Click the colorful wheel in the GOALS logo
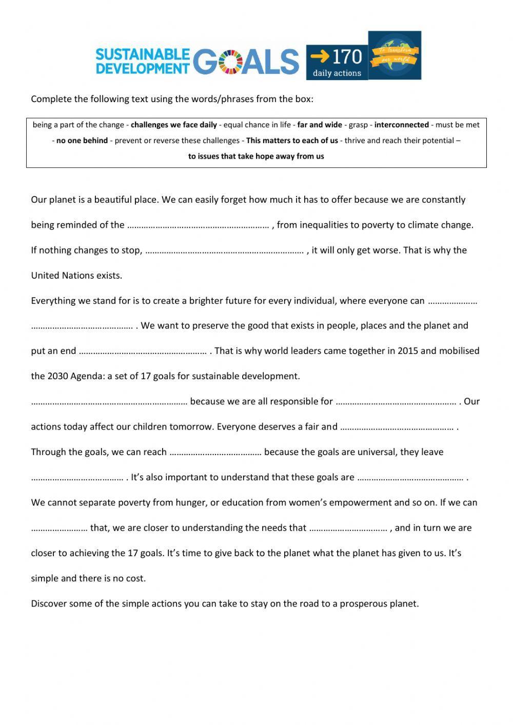[231, 62]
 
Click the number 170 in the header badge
[347, 56]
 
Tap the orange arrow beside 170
[320, 55]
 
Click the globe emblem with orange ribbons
[394, 55]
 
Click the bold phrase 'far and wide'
[319, 125]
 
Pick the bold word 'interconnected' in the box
[402, 125]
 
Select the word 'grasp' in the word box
[358, 125]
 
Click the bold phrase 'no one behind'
[82, 141]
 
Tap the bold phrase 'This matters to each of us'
[292, 141]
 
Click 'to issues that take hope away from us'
[256, 156]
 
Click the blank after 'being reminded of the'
[198, 225]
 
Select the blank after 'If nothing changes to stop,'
[225, 251]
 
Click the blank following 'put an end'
[143, 351]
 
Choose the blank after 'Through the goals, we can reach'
[215, 453]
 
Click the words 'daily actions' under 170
[337, 73]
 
